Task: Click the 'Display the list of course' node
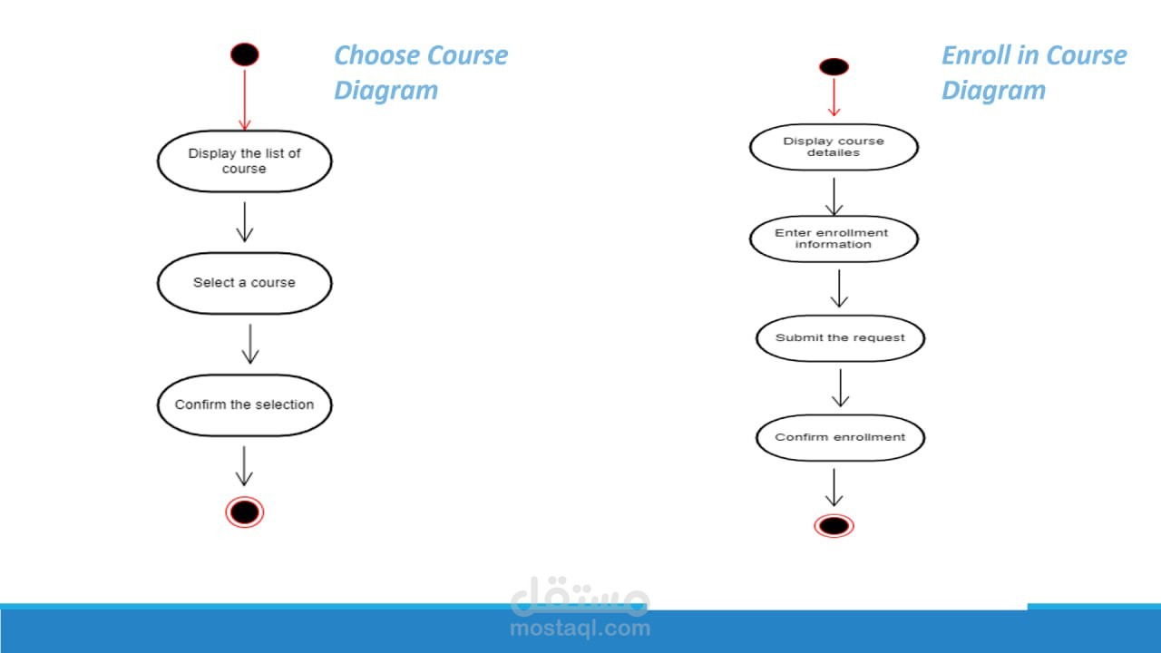(x=245, y=161)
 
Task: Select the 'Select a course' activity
(x=245, y=283)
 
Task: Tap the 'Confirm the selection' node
(x=245, y=404)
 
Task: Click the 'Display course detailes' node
(x=834, y=147)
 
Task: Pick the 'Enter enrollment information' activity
(x=834, y=239)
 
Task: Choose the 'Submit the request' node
(x=840, y=338)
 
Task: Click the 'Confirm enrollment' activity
(x=840, y=438)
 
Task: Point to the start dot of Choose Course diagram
(x=245, y=54)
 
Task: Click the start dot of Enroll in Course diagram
(x=834, y=67)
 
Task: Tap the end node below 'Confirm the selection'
(x=245, y=512)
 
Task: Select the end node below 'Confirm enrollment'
(x=834, y=526)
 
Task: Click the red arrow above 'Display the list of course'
(x=245, y=100)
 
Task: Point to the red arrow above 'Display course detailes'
(x=834, y=97)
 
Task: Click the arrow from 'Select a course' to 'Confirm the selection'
(x=250, y=344)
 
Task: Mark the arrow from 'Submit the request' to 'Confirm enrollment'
(x=840, y=387)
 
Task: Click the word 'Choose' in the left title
(x=377, y=55)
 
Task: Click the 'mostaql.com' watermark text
(x=580, y=629)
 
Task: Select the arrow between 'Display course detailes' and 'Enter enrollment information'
(x=834, y=197)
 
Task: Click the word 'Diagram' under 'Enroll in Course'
(x=993, y=91)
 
